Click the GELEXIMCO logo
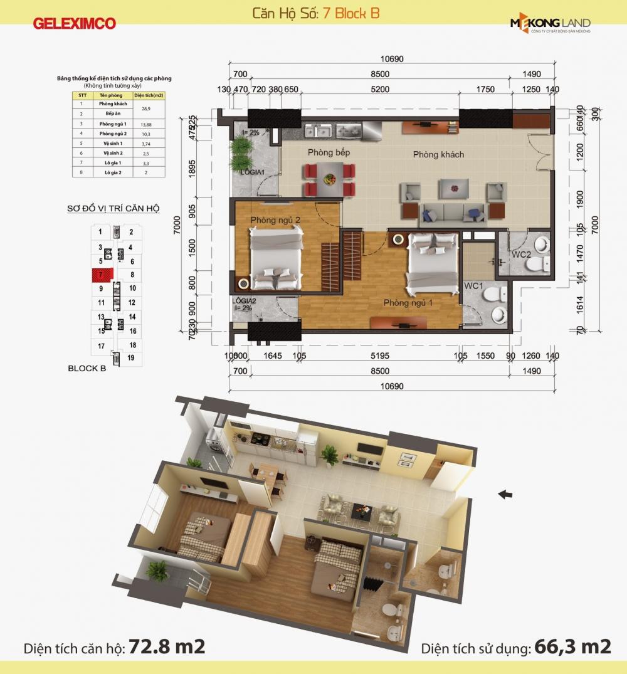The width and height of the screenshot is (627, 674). [x=75, y=24]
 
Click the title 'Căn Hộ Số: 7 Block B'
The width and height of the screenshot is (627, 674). [x=315, y=13]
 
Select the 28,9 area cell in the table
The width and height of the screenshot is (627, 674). [x=150, y=108]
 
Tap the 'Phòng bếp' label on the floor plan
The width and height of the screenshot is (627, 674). [x=329, y=152]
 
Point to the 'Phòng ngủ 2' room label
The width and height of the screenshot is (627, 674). [x=275, y=220]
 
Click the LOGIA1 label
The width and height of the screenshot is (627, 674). [x=253, y=171]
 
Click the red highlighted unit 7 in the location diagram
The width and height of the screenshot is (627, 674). [x=101, y=275]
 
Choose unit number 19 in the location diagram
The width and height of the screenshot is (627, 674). [x=131, y=357]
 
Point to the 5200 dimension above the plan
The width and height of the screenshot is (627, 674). [x=380, y=89]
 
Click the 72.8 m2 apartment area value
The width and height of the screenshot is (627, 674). [x=167, y=646]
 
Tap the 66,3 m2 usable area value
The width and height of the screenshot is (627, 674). [x=572, y=646]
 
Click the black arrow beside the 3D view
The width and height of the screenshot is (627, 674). [x=505, y=495]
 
